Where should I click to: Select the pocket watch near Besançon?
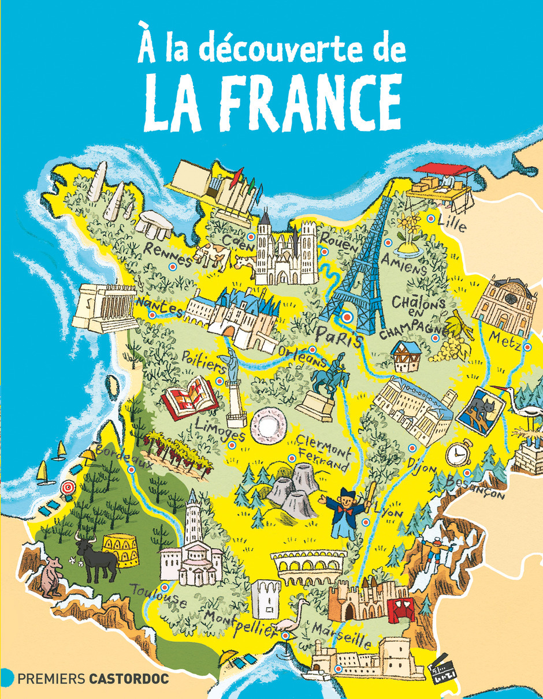coord(459,453)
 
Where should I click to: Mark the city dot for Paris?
coord(347,316)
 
